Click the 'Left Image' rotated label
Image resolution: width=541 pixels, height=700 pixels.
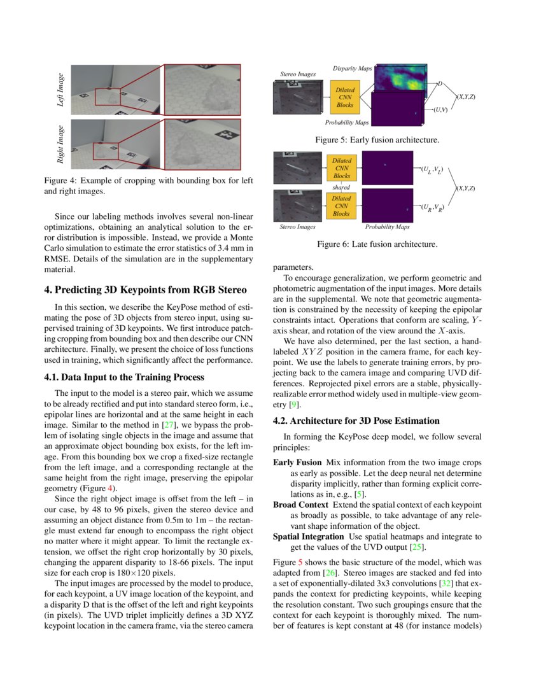pos(61,90)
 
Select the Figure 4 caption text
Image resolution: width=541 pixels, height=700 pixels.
pos(148,185)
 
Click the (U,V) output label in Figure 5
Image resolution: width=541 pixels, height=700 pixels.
pos(440,110)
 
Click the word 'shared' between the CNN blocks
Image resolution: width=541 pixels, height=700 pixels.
pos(341,188)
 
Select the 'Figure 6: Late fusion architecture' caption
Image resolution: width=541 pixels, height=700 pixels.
pos(376,244)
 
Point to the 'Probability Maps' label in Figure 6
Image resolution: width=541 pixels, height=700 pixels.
pos(387,227)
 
